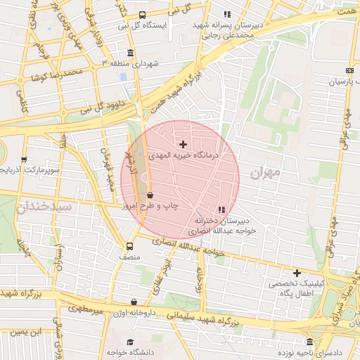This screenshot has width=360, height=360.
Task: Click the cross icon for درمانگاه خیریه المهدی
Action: pyautogui.click(x=184, y=144)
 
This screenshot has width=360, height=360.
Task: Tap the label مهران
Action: pyautogui.click(x=264, y=172)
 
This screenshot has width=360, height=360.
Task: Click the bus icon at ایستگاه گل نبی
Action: pyautogui.click(x=142, y=15)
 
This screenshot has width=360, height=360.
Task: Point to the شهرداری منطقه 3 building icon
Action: pyautogui.click(x=131, y=53)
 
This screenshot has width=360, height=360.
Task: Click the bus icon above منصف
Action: pyautogui.click(x=129, y=246)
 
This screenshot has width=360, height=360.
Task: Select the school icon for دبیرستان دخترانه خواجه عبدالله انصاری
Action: pyautogui.click(x=222, y=210)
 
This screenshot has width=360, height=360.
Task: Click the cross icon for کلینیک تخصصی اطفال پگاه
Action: pyautogui.click(x=297, y=273)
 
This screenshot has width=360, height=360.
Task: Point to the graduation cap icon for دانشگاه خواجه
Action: pyautogui.click(x=129, y=343)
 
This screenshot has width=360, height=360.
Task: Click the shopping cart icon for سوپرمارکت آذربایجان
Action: pyautogui.click(x=25, y=160)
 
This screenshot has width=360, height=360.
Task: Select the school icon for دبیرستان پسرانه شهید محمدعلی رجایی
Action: pyautogui.click(x=226, y=14)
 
